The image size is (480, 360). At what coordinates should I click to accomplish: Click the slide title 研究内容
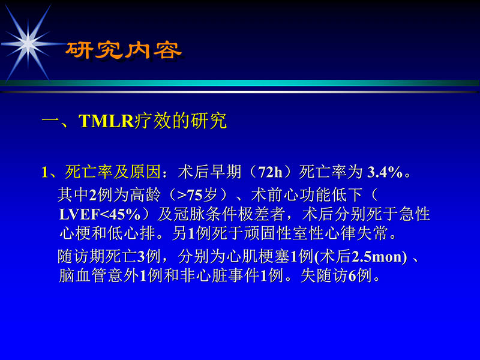[122, 50]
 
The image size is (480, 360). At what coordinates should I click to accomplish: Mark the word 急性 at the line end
[416, 214]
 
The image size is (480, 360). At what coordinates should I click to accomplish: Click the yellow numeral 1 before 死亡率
[44, 173]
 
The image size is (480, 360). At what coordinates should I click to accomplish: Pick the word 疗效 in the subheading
[156, 121]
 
